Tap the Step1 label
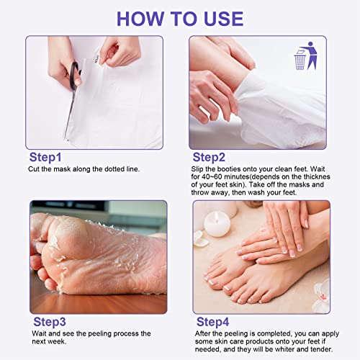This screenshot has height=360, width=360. [45, 157]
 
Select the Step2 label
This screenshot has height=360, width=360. [209, 157]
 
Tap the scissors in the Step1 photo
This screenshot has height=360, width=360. [73, 94]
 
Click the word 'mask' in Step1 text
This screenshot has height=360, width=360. [63, 169]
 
